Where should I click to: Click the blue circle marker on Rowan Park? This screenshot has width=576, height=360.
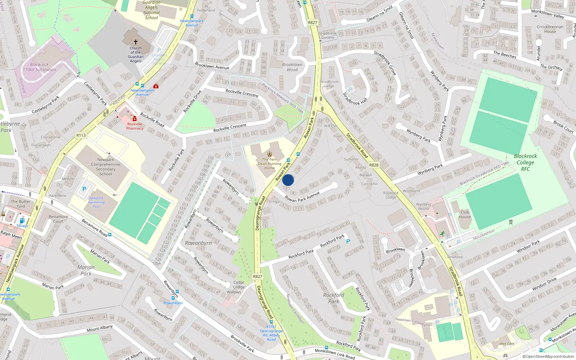(288, 180)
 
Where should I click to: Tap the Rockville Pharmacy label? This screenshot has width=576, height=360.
(135, 126)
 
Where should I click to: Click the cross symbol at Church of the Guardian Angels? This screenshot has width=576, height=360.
(136, 42)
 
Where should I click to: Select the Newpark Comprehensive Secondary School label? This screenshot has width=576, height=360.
(105, 167)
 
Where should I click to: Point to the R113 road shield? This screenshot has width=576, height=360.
(81, 135)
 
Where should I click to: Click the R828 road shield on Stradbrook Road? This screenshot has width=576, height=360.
(374, 165)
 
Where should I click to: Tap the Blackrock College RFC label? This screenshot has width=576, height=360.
(525, 162)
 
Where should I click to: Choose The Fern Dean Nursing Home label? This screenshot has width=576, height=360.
(270, 164)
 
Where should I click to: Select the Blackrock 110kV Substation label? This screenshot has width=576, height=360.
(39, 67)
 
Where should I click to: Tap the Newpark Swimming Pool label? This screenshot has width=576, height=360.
(96, 202)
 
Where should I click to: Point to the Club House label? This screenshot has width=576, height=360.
(465, 214)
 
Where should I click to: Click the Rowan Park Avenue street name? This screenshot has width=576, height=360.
(302, 197)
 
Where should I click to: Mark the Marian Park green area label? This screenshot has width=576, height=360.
(86, 270)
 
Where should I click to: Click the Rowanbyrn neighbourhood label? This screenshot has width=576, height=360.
(198, 243)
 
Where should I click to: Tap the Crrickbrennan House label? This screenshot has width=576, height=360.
(550, 29)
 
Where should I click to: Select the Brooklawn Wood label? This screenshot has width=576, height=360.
(292, 67)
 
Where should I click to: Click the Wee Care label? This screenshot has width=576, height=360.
(507, 344)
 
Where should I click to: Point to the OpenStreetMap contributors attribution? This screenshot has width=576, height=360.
(548, 357)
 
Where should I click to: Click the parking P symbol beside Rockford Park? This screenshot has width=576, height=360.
(348, 242)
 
